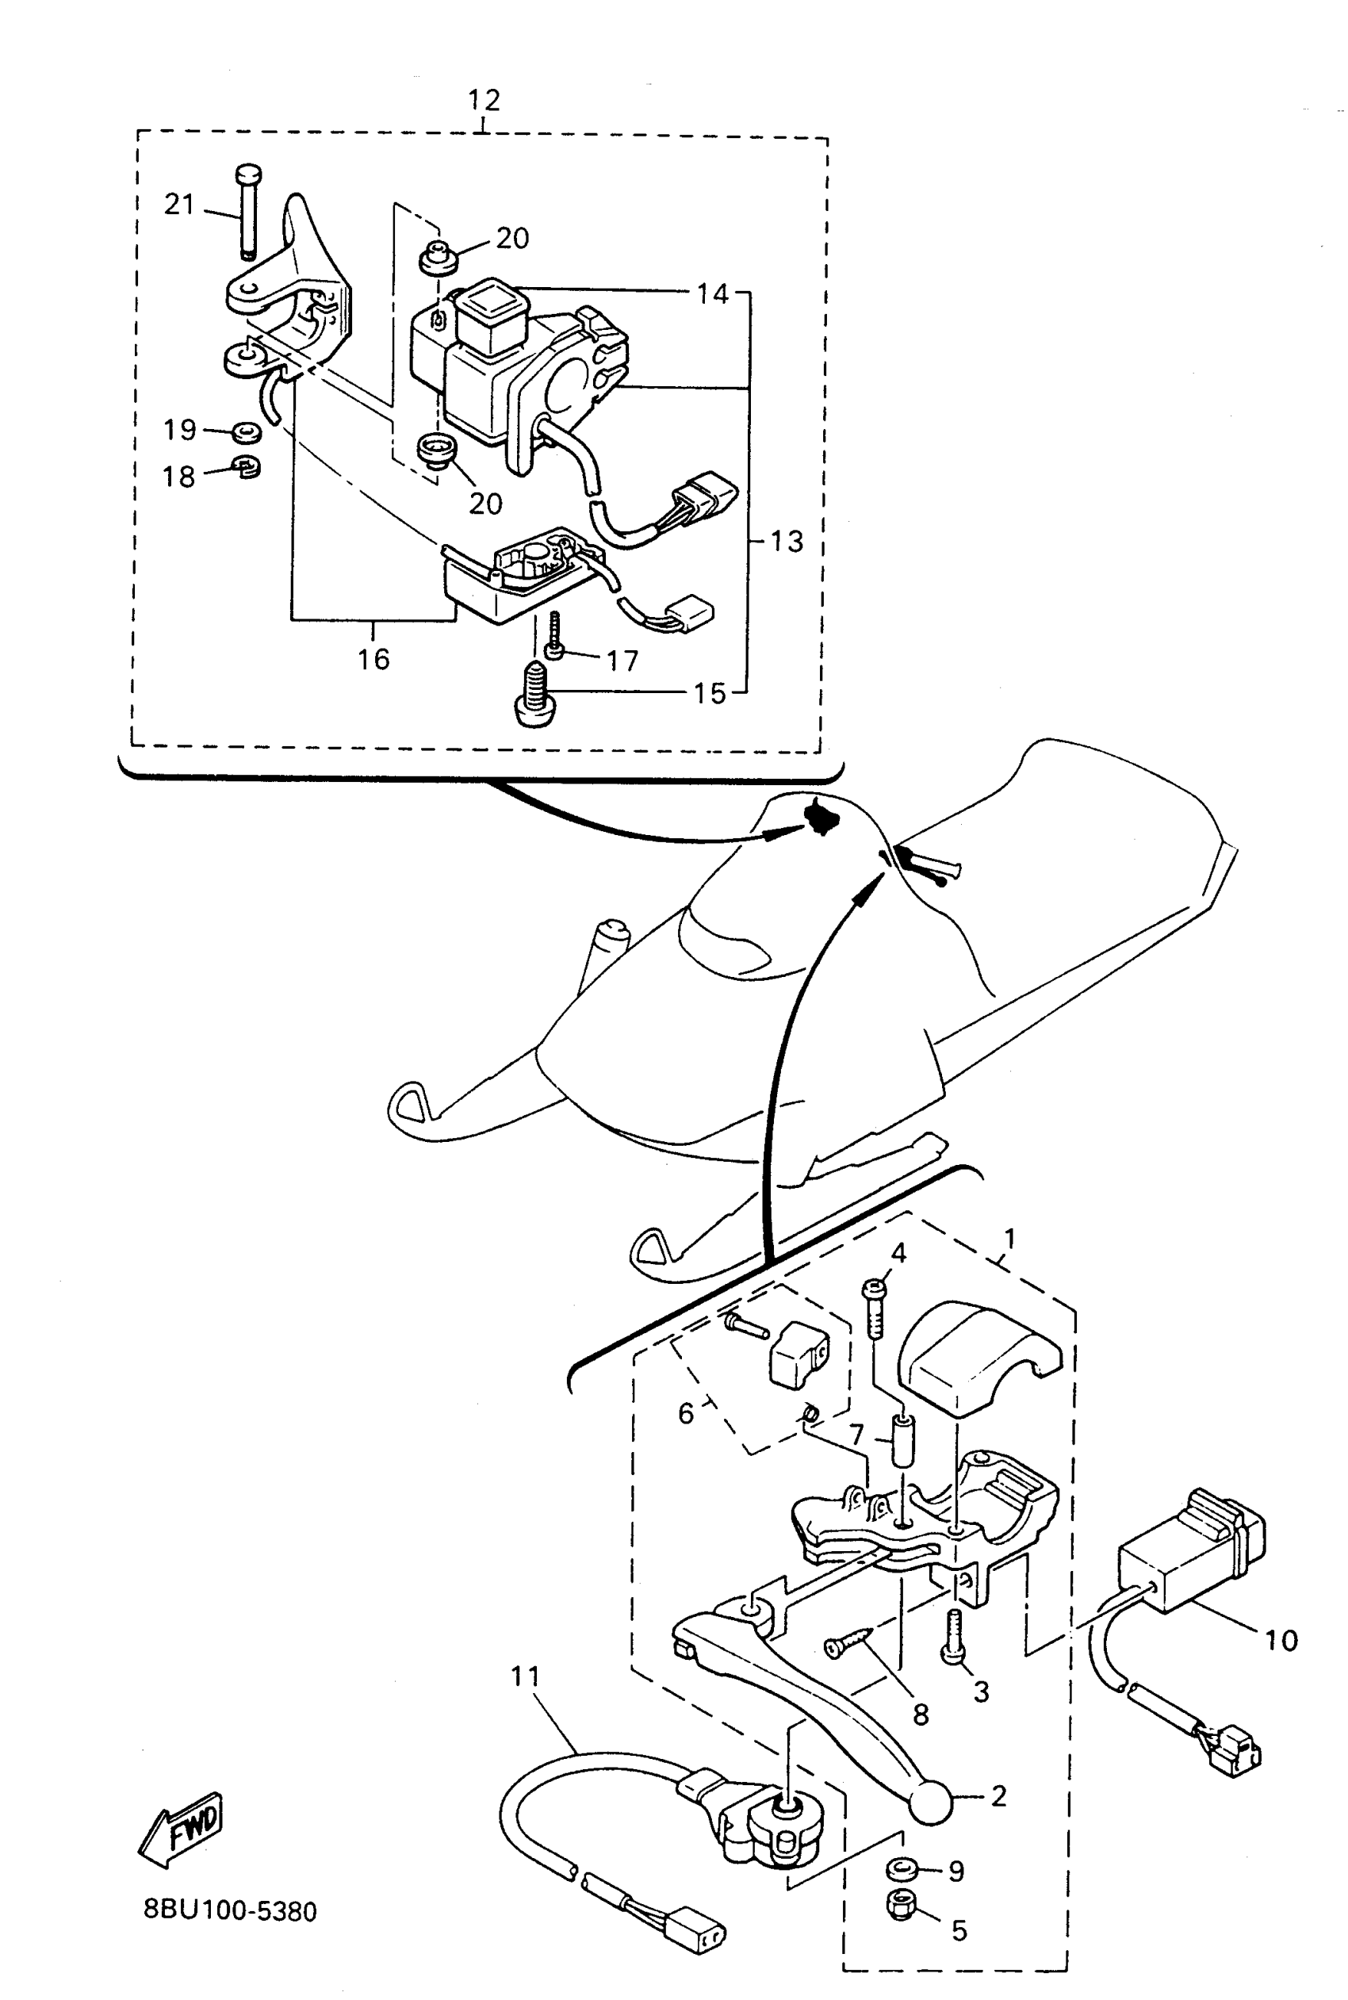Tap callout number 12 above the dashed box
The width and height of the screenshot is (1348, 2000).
pos(483,101)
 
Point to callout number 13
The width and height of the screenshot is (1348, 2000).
pos(787,542)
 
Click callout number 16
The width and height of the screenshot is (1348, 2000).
pos(374,660)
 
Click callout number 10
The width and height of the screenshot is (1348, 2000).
pos(1280,1640)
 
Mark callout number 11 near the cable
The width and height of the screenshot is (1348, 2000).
pos(524,1676)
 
